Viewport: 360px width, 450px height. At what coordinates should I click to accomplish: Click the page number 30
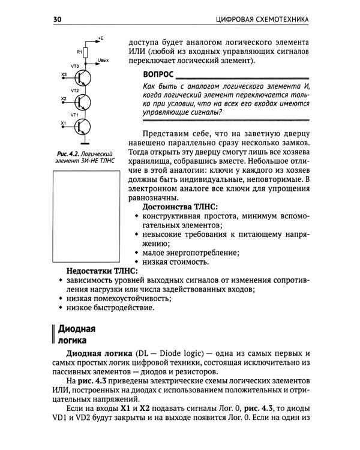tap(58, 20)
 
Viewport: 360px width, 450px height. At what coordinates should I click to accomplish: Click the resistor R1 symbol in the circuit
tap(86, 53)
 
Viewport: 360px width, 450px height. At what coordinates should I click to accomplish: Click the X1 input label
tap(64, 122)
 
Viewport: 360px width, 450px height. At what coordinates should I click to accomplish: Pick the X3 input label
tap(64, 74)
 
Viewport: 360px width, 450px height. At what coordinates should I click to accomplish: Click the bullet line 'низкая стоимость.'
tap(175, 261)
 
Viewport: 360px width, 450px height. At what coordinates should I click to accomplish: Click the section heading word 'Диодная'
tap(76, 330)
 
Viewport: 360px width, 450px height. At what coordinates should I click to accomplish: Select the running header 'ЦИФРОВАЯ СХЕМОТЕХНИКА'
tap(262, 20)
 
